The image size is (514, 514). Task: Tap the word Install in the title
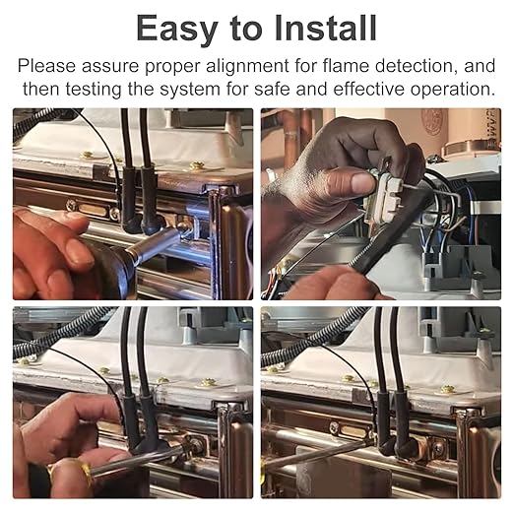(325, 28)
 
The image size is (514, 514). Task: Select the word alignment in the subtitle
(247, 66)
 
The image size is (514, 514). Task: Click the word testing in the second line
(94, 90)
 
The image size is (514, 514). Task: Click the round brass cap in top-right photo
(471, 150)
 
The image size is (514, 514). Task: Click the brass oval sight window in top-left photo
(93, 211)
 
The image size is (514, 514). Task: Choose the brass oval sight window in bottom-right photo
(353, 429)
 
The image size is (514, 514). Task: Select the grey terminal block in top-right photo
(456, 263)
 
